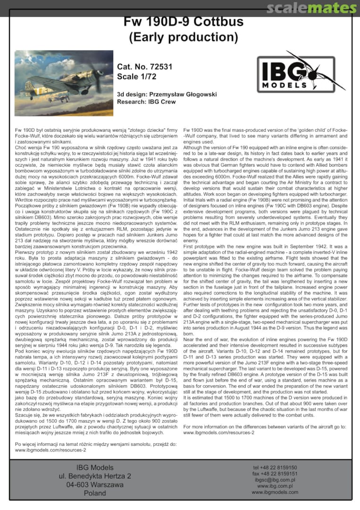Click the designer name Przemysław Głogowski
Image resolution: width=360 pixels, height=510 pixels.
[190, 94]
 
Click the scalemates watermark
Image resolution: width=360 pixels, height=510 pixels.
[311, 8]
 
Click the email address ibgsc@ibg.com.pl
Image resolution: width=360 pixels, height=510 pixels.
[275, 480]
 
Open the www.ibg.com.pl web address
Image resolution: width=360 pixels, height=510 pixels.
[275, 486]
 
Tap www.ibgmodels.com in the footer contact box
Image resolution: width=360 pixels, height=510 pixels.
[275, 492]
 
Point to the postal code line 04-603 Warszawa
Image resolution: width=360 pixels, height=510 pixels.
[95, 484]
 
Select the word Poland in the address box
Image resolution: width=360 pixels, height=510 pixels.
[95, 493]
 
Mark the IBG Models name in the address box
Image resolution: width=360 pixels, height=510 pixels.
[95, 467]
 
